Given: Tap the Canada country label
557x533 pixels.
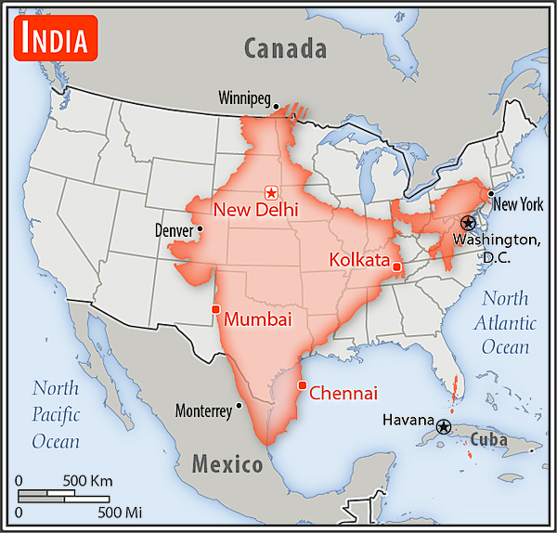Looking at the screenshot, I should pyautogui.click(x=285, y=48).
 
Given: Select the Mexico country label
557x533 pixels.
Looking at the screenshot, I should pyautogui.click(x=227, y=463).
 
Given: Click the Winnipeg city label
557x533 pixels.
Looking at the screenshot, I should pyautogui.click(x=244, y=97).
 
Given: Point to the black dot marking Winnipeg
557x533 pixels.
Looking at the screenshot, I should pyautogui.click(x=277, y=107).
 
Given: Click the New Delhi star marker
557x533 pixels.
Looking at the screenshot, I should pyautogui.click(x=271, y=192).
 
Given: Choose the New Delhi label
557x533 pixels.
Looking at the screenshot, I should pyautogui.click(x=255, y=210).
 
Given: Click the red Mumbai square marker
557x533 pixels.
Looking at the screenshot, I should pyautogui.click(x=215, y=309).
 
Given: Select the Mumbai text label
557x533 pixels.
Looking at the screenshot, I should pyautogui.click(x=258, y=319).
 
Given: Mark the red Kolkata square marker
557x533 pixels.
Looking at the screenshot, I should pyautogui.click(x=396, y=267).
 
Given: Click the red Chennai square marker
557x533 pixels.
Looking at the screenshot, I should pyautogui.click(x=301, y=385).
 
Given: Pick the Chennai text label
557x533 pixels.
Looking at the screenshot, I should pyautogui.click(x=343, y=394).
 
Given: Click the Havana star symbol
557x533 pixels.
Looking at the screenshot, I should pyautogui.click(x=444, y=427).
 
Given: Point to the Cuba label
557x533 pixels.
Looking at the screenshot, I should pyautogui.click(x=487, y=439).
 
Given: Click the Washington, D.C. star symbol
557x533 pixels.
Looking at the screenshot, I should pyautogui.click(x=467, y=223).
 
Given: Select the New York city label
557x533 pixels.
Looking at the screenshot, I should pyautogui.click(x=517, y=205).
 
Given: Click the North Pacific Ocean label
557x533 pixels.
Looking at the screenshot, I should pyautogui.click(x=56, y=414).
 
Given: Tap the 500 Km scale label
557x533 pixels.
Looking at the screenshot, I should pyautogui.click(x=87, y=481).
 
